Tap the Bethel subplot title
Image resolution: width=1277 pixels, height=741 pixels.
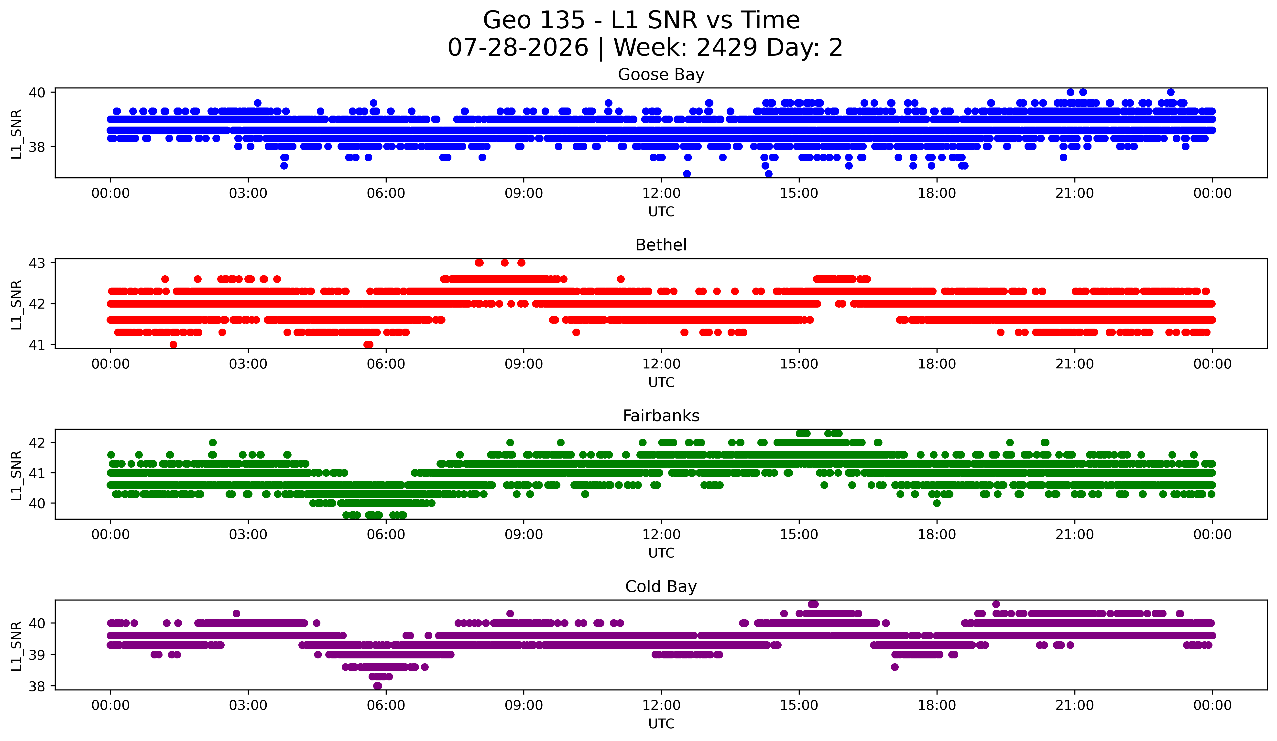tap(661, 245)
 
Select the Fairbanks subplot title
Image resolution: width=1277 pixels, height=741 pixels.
tap(661, 416)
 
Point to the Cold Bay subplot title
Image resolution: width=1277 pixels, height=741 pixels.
tap(661, 587)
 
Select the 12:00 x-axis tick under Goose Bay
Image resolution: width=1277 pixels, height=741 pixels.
tap(661, 193)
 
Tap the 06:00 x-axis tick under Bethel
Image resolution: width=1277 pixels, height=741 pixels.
tap(386, 364)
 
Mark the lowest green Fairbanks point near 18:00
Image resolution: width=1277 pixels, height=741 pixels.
tap(937, 503)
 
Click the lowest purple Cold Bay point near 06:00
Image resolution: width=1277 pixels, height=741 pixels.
tap(378, 686)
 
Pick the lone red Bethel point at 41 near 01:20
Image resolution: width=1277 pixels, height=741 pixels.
tap(173, 344)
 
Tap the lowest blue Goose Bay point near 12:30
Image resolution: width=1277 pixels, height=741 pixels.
tap(687, 174)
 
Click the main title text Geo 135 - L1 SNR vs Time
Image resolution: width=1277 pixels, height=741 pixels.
tap(642, 20)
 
